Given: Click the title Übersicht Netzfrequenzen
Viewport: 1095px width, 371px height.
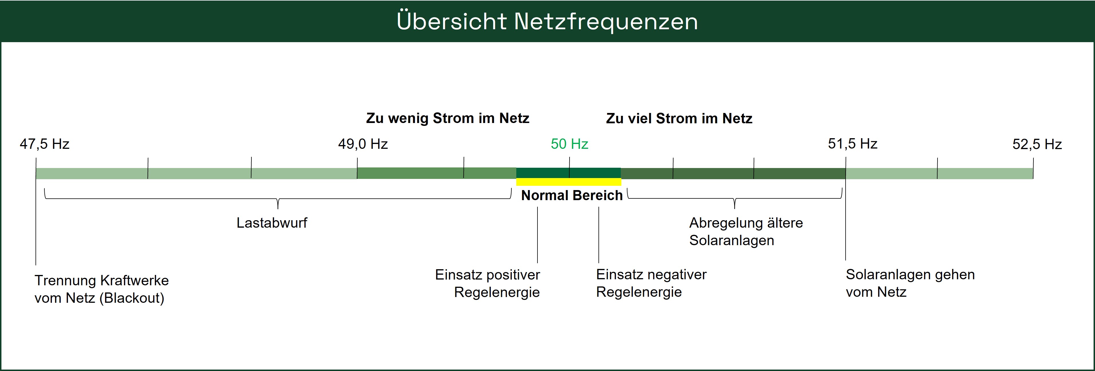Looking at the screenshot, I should tap(547, 21).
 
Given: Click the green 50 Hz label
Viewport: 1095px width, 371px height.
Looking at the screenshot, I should tap(569, 144).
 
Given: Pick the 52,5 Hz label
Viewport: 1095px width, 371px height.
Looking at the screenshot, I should tap(1037, 144).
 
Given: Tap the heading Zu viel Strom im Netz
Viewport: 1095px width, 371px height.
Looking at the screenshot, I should tap(679, 118).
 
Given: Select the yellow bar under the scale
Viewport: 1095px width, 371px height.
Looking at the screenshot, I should tap(568, 182).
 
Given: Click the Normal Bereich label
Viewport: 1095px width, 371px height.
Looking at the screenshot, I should tap(572, 195).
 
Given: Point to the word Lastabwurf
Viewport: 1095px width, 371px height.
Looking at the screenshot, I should tap(272, 222).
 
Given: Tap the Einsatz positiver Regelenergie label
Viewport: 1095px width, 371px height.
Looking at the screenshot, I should tap(488, 283).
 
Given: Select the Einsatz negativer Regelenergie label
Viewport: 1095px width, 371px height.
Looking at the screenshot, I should tap(651, 283).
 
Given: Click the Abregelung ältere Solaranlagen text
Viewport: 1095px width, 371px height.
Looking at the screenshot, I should tap(746, 231).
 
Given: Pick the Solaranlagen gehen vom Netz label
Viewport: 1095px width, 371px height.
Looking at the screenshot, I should tap(910, 283).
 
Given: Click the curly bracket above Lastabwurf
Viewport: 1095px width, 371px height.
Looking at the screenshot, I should tap(277, 199).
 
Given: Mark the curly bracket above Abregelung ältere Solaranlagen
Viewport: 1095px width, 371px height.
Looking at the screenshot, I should tap(734, 199).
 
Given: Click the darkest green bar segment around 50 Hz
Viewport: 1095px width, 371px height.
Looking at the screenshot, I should tap(568, 173).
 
